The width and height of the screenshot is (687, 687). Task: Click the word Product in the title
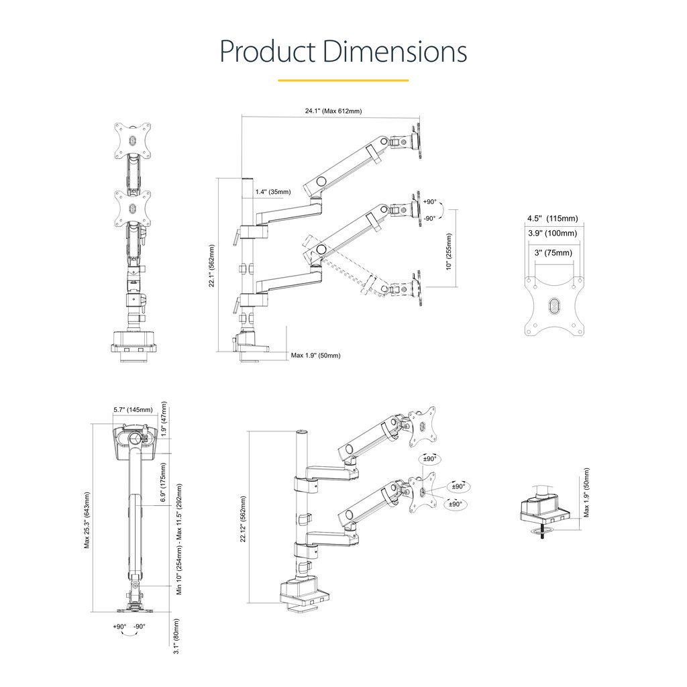pyautogui.click(x=268, y=52)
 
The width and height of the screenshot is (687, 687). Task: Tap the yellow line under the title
pyautogui.click(x=343, y=81)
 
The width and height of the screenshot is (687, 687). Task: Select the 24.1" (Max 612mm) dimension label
pyautogui.click(x=333, y=111)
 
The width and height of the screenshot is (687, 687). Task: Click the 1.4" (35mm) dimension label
pyautogui.click(x=273, y=192)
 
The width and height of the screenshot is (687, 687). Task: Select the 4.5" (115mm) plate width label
pyautogui.click(x=552, y=219)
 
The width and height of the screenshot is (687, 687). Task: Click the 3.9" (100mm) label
pyautogui.click(x=552, y=233)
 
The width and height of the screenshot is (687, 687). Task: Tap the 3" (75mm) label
pyautogui.click(x=553, y=253)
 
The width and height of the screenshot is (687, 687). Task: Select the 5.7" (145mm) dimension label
pyautogui.click(x=132, y=410)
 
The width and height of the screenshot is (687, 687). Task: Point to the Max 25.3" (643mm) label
pyautogui.click(x=87, y=520)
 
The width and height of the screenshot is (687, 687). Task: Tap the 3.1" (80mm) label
pyautogui.click(x=176, y=636)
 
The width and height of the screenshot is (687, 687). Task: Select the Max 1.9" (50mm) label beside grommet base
pyautogui.click(x=586, y=493)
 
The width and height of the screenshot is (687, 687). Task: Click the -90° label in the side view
pyautogui.click(x=429, y=218)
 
